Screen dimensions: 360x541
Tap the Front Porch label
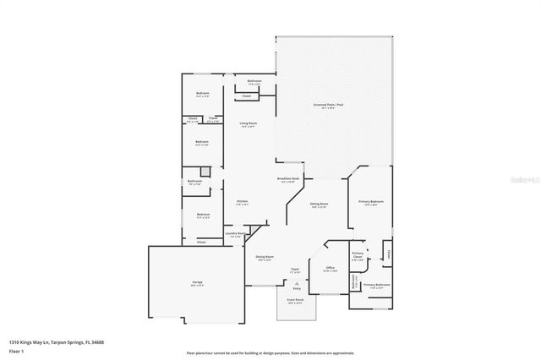(294, 299)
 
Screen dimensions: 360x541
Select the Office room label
(331, 267)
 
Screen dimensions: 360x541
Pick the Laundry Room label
(237, 233)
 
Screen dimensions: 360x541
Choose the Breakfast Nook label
(288, 179)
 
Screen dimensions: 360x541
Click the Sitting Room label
(319, 204)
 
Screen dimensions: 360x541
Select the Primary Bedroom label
(371, 201)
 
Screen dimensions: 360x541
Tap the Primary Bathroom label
(376, 285)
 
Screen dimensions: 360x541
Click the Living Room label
(248, 123)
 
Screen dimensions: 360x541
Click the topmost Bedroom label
(202, 93)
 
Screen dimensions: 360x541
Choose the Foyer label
(296, 270)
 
